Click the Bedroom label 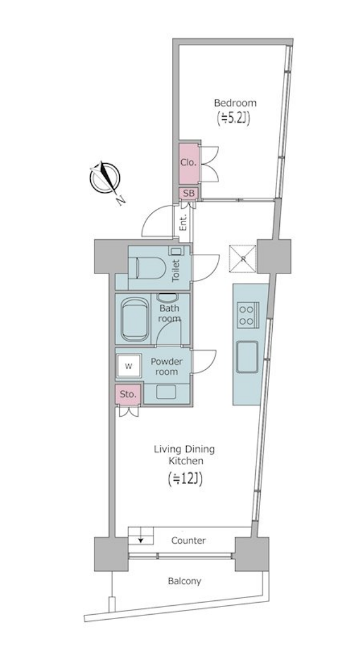tap(235, 103)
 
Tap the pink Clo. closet tap(188, 163)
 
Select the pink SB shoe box tap(188, 193)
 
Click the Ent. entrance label tap(184, 223)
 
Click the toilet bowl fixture tap(150, 268)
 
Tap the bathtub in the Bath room tap(135, 319)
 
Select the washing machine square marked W tap(129, 366)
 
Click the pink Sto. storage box tap(128, 394)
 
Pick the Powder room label tap(167, 367)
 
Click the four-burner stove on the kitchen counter tap(247, 315)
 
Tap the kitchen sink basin tap(247, 357)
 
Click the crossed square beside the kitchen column tap(243, 259)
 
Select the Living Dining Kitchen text tap(184, 455)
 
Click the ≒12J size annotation tap(185, 479)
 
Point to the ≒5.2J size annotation tap(234, 118)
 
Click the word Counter tap(188, 540)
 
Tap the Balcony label tap(185, 581)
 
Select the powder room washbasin tap(167, 392)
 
